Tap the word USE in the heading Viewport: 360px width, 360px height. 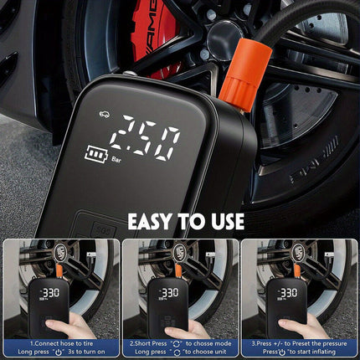(x=224, y=221)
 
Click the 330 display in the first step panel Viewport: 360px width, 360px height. (x=52, y=293)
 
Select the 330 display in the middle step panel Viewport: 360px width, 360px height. (x=170, y=293)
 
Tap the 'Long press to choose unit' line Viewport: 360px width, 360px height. (x=180, y=352)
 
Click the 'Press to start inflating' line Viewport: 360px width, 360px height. (x=299, y=352)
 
